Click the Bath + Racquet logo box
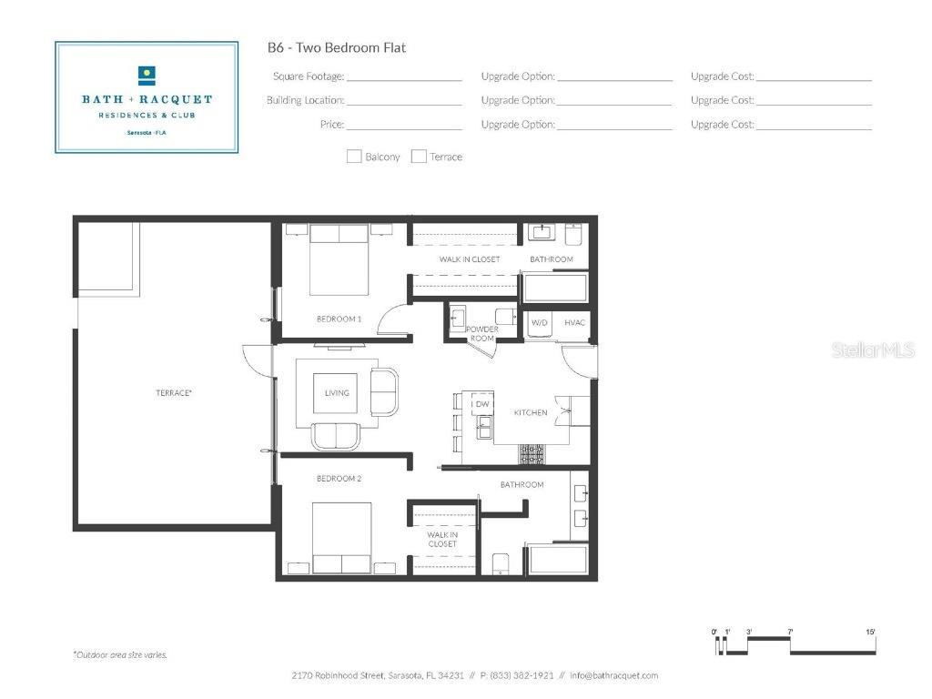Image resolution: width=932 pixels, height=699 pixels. tap(147, 96)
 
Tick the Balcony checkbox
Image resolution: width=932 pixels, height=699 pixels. tap(354, 157)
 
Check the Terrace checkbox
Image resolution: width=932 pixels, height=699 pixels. tap(419, 157)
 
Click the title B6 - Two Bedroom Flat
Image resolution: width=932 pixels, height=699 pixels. tap(336, 48)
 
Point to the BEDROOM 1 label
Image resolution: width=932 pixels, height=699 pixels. tap(339, 319)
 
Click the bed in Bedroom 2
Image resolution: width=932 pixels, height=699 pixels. tap(341, 537)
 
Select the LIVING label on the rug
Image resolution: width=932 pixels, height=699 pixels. tap(337, 393)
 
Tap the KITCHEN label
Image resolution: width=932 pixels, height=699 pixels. tap(531, 412)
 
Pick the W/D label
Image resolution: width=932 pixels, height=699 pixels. tap(539, 323)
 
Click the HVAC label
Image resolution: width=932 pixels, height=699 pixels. tap(574, 323)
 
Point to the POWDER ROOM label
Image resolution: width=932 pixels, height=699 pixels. tap(481, 333)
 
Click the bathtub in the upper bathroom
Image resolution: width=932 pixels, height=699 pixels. tap(554, 288)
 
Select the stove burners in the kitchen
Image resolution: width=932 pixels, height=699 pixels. tap(532, 453)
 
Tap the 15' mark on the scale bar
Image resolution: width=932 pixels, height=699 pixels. tap(870, 632)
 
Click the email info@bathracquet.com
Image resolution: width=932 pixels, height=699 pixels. tap(613, 675)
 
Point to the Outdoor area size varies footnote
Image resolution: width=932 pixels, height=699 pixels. tap(120, 654)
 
